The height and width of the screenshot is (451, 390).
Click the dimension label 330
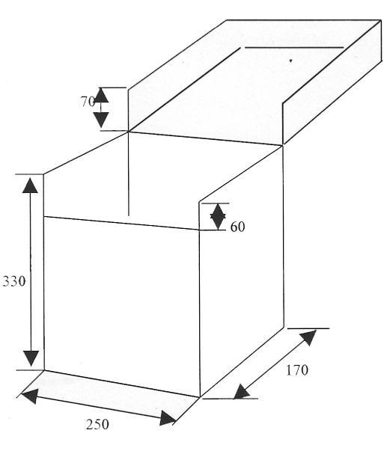[14, 281]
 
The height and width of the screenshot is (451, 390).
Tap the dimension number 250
[97, 425]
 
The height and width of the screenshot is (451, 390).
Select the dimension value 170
[297, 370]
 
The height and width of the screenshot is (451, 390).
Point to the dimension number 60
[238, 227]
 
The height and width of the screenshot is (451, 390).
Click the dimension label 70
[88, 102]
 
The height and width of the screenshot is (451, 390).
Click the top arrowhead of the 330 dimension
[30, 185]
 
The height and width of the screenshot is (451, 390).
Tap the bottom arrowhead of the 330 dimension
[31, 358]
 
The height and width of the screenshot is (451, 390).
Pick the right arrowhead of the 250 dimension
[167, 419]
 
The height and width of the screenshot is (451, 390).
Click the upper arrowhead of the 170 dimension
[308, 337]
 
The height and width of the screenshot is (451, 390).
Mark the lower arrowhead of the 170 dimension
[241, 392]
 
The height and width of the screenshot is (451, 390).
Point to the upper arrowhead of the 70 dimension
[101, 95]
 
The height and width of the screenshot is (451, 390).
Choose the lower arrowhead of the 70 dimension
[101, 120]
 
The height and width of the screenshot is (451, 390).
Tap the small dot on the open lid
[290, 61]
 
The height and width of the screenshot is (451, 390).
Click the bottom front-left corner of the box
[43, 370]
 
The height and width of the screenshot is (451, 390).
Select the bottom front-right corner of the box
[200, 397]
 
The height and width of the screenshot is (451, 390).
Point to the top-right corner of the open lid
[381, 20]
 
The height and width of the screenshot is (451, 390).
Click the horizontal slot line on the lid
[294, 47]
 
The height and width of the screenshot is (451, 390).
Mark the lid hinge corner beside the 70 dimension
[128, 132]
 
